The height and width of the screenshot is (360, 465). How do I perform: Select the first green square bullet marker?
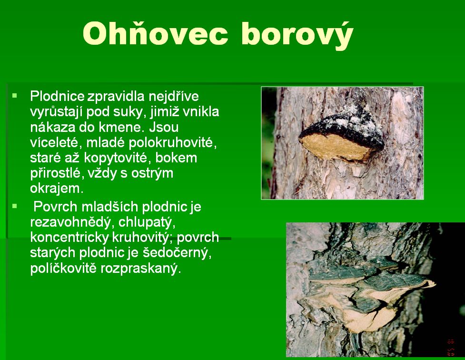click(15, 96)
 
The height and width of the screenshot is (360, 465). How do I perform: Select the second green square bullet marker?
click(15, 206)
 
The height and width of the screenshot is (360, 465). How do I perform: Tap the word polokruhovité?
click(173, 143)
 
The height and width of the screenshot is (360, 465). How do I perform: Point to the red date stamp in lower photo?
click(450, 347)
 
